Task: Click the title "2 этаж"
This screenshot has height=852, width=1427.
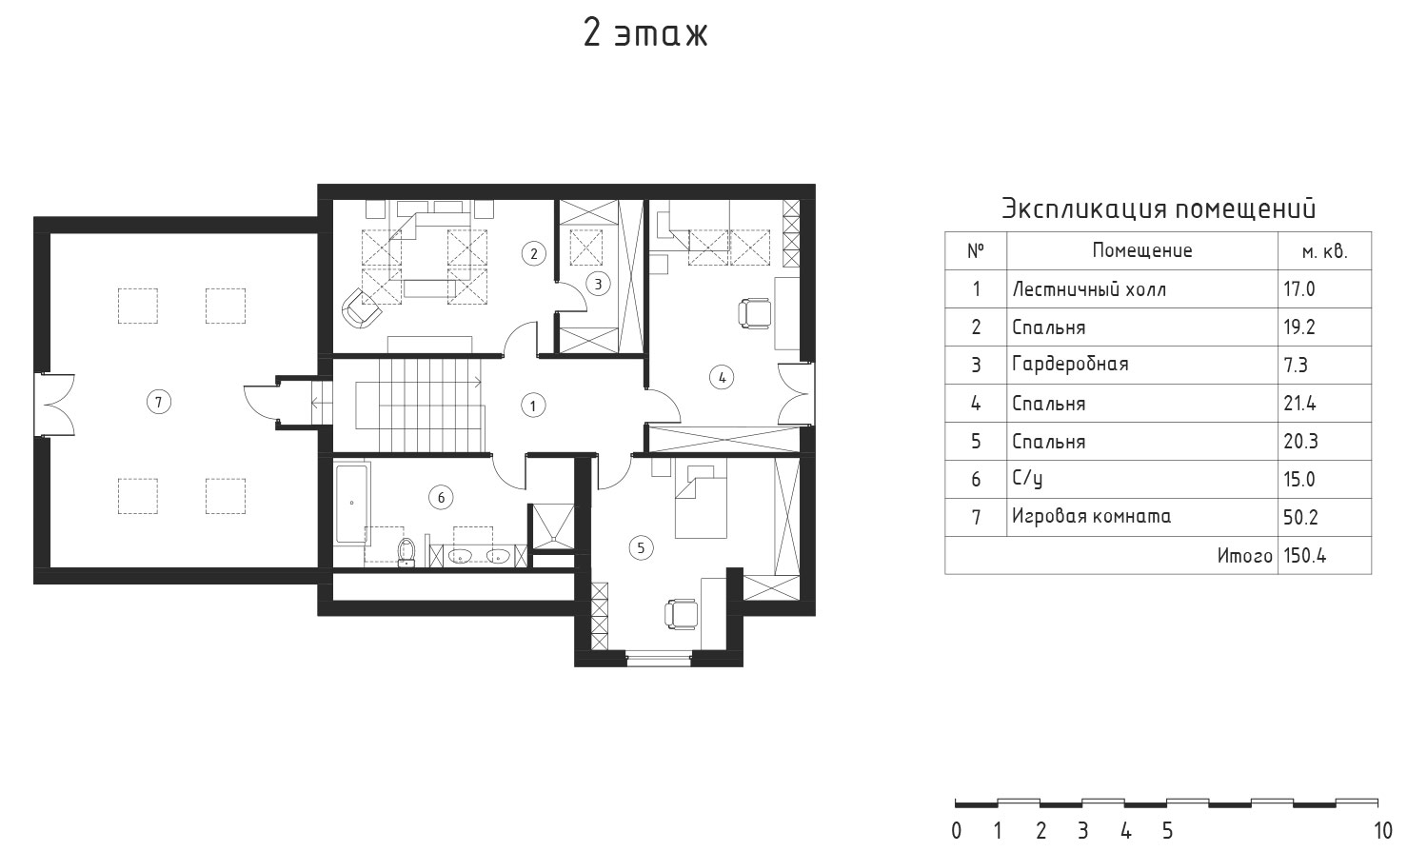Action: click(x=644, y=33)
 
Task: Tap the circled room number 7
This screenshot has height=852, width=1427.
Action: click(x=159, y=402)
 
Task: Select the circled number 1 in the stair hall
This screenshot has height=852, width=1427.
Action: click(x=532, y=406)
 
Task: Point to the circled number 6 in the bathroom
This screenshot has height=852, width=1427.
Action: click(x=441, y=497)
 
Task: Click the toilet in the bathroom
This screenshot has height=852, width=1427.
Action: click(x=406, y=552)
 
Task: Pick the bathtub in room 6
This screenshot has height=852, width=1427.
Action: click(x=351, y=505)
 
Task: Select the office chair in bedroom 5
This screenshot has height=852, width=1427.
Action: click(x=681, y=615)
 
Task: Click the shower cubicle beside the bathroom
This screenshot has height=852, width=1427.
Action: click(x=553, y=527)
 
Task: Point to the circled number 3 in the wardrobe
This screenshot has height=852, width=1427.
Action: click(x=598, y=285)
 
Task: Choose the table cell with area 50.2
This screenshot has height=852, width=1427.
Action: click(x=1300, y=517)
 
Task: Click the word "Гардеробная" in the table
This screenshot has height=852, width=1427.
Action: click(x=1070, y=365)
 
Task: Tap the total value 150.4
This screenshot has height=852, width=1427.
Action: click(x=1305, y=556)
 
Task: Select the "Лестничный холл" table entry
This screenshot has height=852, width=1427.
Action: click(x=1089, y=289)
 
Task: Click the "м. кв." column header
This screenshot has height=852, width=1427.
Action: click(x=1324, y=251)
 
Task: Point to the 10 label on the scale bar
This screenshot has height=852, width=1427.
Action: click(x=1382, y=831)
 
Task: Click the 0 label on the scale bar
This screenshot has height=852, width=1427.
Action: click(x=956, y=831)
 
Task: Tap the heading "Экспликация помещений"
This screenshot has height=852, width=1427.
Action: click(x=1159, y=209)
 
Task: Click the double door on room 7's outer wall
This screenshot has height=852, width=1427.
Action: click(x=55, y=405)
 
